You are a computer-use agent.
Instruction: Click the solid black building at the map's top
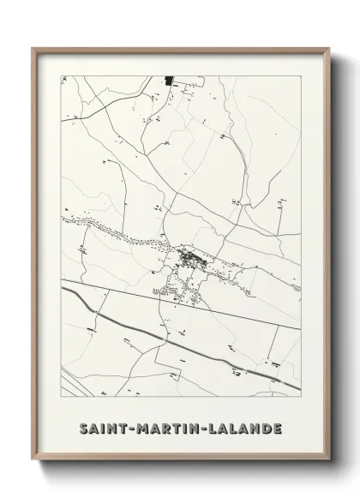click(169, 81)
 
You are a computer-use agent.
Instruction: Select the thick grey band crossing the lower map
click(171, 334)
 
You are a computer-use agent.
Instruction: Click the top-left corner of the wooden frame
click(33, 48)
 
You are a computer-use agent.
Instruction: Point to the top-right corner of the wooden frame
click(327, 48)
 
